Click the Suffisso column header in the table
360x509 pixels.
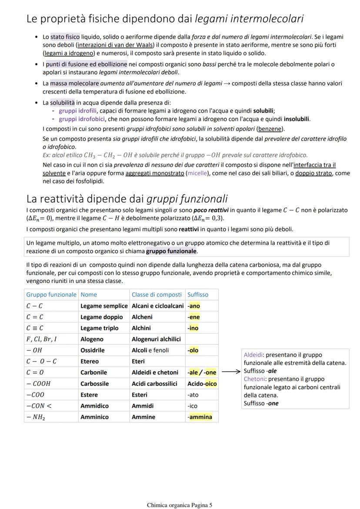click(x=198, y=295)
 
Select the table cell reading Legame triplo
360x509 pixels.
click(x=99, y=328)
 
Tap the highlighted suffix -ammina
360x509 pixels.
click(x=200, y=417)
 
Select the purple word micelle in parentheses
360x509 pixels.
click(x=197, y=173)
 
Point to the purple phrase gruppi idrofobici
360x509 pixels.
click(x=79, y=119)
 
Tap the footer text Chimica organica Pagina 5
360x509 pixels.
click(x=180, y=505)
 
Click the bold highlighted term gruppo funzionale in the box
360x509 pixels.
click(x=171, y=251)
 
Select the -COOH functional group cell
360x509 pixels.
click(x=38, y=384)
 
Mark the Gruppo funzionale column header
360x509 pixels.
click(x=51, y=295)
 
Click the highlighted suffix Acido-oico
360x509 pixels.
click(x=202, y=384)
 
